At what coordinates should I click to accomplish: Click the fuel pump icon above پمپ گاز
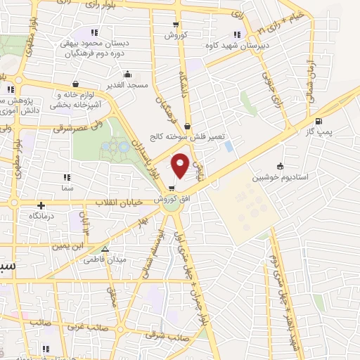tap(319, 121)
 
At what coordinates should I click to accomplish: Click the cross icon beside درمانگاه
tap(41, 206)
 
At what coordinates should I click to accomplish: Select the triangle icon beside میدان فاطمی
tap(105, 249)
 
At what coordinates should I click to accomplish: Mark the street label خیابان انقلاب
tap(120, 202)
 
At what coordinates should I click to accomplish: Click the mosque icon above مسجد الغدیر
tap(127, 73)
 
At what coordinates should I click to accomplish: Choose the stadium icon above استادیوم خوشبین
tap(281, 167)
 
